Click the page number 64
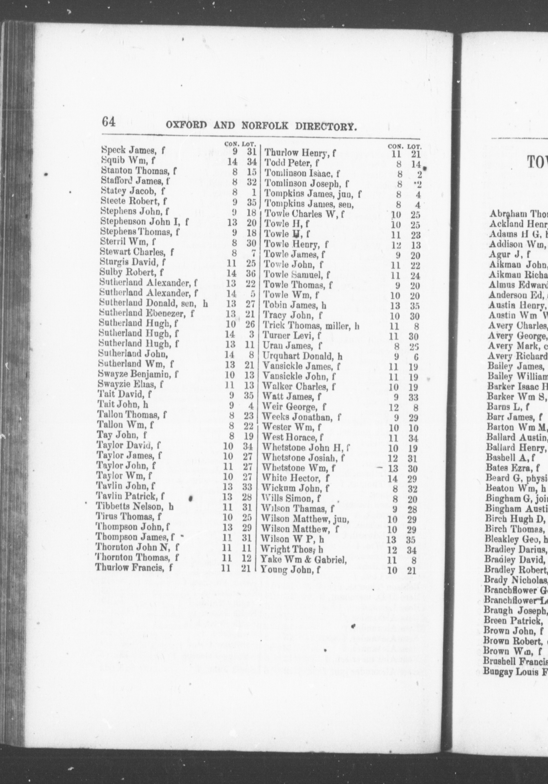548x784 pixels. (x=109, y=122)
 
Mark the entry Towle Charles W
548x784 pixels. (x=304, y=214)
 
